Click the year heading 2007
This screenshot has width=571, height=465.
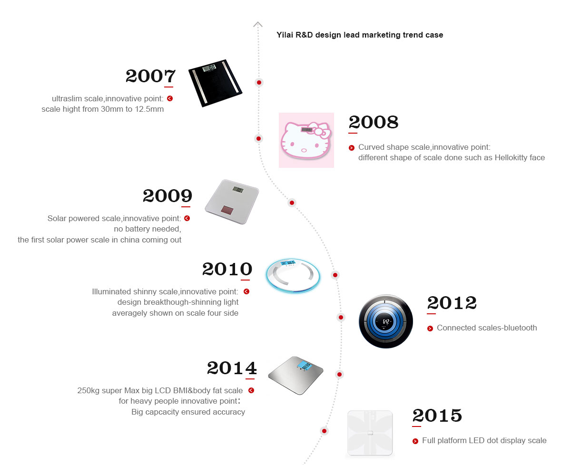pos(150,76)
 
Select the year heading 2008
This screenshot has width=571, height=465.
pos(374,122)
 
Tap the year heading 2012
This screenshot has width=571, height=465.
pos(452,303)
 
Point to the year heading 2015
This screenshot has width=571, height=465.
pos(437,416)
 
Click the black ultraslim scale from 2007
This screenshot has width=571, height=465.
pos(215,83)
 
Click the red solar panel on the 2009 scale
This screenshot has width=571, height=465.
pos(227,210)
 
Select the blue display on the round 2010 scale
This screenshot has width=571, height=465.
pos(288,263)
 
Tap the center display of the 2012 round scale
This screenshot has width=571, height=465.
pos(385,322)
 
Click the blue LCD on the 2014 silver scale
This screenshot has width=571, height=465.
pos(304,365)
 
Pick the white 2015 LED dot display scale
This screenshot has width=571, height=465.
pos(370,433)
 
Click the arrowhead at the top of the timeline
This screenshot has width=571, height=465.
pos(258,24)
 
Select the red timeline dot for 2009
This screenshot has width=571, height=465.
pos(292,203)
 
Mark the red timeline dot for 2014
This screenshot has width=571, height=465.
pos(339,375)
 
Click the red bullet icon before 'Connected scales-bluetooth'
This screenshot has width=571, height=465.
pos(430,329)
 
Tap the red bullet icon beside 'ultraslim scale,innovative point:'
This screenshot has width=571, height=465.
pos(170,98)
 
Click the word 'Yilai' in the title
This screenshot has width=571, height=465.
pos(285,35)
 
